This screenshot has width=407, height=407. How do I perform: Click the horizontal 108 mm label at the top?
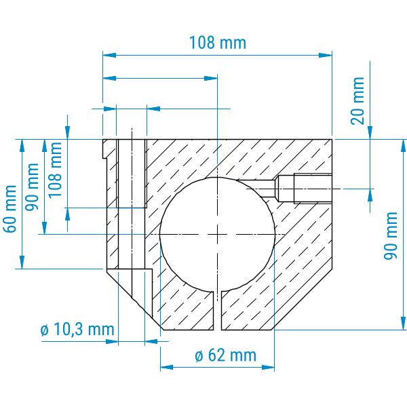[x=218, y=43]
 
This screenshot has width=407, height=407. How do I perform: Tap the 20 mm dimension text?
[x=357, y=101]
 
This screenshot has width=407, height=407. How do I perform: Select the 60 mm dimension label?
[x=9, y=209]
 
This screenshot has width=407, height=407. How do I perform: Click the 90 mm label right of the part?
[x=391, y=235]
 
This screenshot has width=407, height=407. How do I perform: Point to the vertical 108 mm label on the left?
[x=55, y=170]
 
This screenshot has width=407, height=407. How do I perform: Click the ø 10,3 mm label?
[x=77, y=330]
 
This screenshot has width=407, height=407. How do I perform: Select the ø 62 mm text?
[x=226, y=355]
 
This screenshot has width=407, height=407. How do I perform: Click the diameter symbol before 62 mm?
[x=199, y=355]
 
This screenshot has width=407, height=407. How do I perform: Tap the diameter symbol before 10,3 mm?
[x=45, y=330]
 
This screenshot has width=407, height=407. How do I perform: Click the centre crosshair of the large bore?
[x=217, y=235]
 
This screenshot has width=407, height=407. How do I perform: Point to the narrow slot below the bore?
[x=217, y=311]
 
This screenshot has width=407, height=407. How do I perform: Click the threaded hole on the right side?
[x=305, y=189]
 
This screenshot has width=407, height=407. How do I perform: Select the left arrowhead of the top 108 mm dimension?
[x=109, y=55]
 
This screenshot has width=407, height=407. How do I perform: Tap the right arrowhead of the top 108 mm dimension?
[x=326, y=55]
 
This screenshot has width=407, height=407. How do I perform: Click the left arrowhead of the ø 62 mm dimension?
[x=167, y=367]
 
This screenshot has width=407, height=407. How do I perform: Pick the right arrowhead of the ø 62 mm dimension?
[x=268, y=367]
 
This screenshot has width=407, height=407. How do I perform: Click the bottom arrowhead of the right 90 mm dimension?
[x=403, y=324]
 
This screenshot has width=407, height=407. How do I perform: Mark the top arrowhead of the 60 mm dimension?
[x=22, y=146]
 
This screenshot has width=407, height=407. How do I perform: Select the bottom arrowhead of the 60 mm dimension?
[x=22, y=262]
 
